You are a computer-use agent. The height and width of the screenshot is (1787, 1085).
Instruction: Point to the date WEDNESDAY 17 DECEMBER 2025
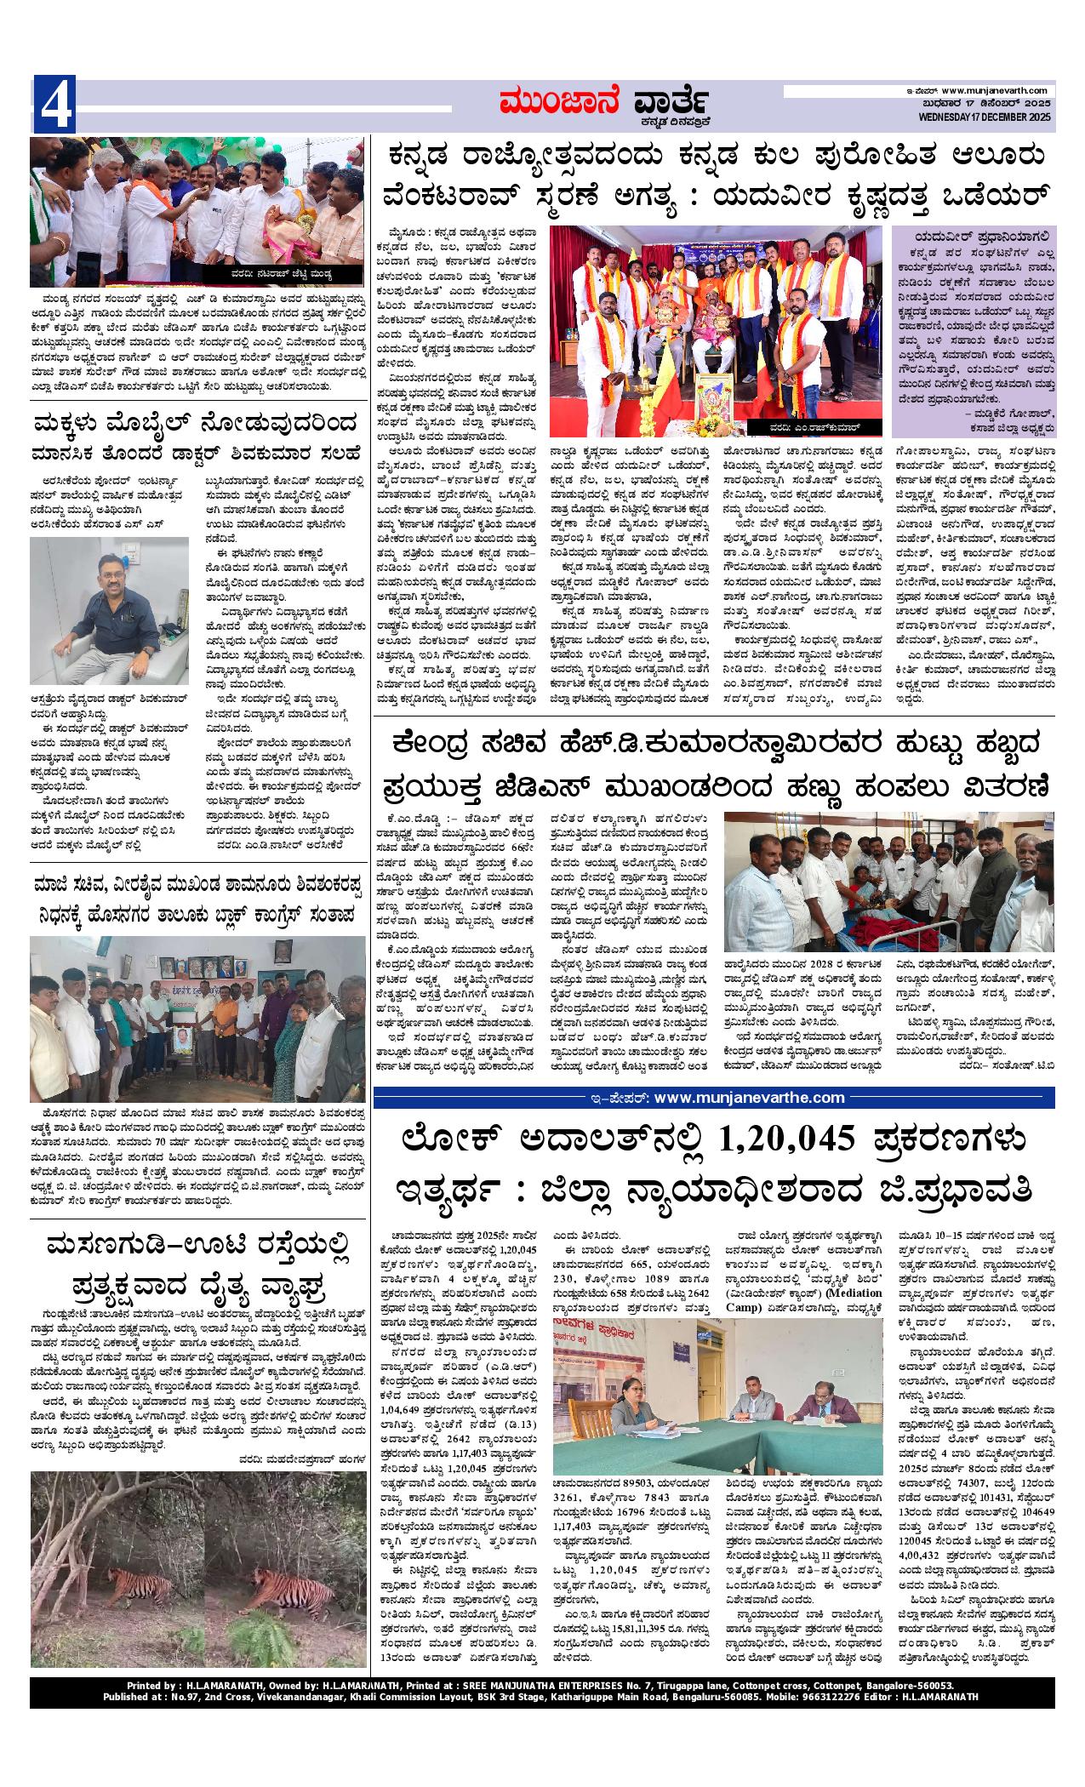(x=979, y=117)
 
